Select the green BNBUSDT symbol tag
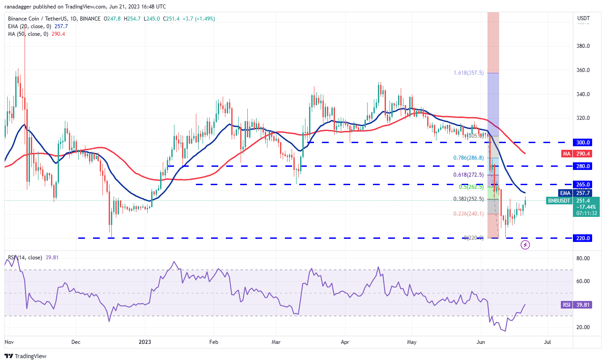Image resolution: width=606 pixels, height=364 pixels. (559, 201)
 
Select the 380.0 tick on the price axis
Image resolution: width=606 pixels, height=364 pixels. (583, 46)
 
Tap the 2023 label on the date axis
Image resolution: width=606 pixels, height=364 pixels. (145, 343)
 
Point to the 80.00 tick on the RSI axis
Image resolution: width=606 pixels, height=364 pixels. (583, 258)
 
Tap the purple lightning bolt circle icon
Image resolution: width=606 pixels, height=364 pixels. (525, 245)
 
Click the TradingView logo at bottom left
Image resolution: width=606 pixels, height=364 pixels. (25, 356)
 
